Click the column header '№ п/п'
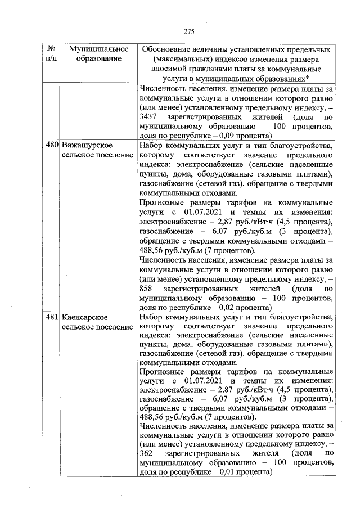51,54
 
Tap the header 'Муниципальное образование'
96,54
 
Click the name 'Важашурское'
85,146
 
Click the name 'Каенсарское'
84,318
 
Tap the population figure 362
145,453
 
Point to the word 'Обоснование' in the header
169,49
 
